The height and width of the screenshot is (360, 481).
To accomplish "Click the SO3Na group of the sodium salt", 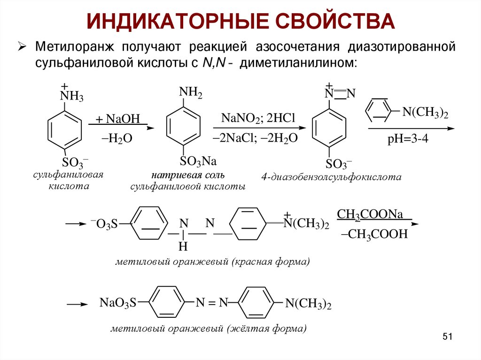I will [x=198, y=162].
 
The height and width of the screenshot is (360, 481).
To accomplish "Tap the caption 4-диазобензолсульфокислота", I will [x=332, y=177].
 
